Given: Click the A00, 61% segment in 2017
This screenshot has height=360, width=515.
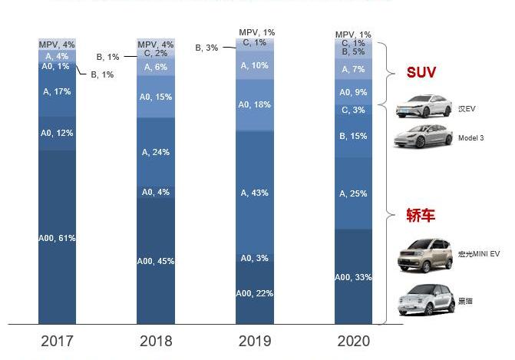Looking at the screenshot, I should click(x=58, y=237).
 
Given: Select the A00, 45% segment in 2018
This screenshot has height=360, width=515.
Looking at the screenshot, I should click(x=156, y=261).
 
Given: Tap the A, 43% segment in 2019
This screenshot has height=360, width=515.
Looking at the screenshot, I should click(x=254, y=193).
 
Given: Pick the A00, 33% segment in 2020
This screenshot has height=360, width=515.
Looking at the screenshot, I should click(x=354, y=276).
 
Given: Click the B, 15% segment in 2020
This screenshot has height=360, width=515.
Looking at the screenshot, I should click(x=354, y=137).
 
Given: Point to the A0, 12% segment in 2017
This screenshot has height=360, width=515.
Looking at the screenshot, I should click(x=58, y=133).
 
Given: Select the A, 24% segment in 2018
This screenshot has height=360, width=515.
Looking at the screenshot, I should click(x=156, y=152).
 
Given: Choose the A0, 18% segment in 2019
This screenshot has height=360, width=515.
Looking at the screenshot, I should click(x=254, y=104).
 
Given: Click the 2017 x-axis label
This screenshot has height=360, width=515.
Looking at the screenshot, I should click(x=57, y=341).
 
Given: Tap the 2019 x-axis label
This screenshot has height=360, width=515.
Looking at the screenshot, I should click(x=254, y=341).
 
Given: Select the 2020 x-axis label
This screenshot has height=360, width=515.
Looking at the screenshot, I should click(x=353, y=341).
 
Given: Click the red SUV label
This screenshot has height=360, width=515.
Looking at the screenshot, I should click(x=421, y=73).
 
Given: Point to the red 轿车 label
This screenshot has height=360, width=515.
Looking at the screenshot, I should click(x=421, y=216).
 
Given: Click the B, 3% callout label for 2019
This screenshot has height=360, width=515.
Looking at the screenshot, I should click(x=207, y=48).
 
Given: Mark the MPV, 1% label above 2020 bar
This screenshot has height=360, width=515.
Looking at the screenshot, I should click(x=354, y=35).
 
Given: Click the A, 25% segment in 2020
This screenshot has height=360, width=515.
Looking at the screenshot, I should click(x=354, y=194).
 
